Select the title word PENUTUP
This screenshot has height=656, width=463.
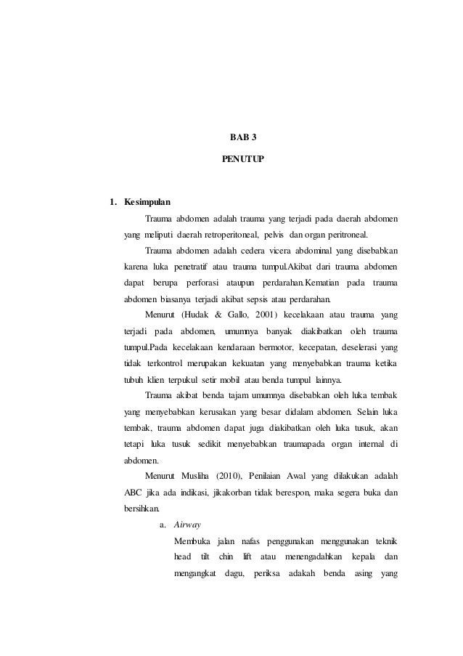coord(243,157)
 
